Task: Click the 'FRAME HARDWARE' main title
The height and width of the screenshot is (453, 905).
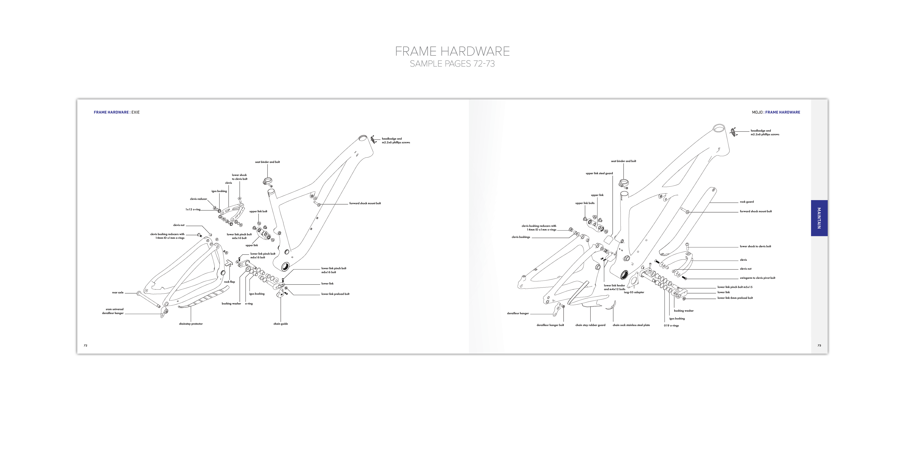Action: pyautogui.click(x=452, y=52)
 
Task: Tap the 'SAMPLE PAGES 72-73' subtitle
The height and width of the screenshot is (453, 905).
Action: pyautogui.click(x=452, y=64)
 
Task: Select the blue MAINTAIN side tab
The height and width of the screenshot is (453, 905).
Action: pyautogui.click(x=819, y=218)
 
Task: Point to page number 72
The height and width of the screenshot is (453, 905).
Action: pyautogui.click(x=85, y=345)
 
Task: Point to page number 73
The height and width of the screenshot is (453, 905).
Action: pyautogui.click(x=819, y=345)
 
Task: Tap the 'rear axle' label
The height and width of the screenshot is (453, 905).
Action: pyautogui.click(x=118, y=293)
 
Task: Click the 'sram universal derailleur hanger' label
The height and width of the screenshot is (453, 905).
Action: pyautogui.click(x=113, y=311)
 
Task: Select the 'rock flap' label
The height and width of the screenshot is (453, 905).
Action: pyautogui.click(x=229, y=282)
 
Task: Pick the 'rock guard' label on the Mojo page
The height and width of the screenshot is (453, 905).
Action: pyautogui.click(x=747, y=202)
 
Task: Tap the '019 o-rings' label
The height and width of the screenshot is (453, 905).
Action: pyautogui.click(x=671, y=326)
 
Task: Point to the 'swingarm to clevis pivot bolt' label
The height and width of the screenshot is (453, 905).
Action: pyautogui.click(x=757, y=278)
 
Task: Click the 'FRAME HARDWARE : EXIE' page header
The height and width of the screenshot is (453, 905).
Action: pyautogui.click(x=117, y=113)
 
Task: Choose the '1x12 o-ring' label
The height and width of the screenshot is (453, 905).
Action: pyautogui.click(x=193, y=210)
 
